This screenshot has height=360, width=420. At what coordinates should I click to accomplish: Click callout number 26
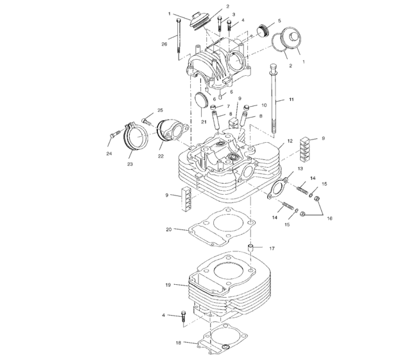coord(164,44)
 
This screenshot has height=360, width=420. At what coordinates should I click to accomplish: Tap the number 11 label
coord(291,101)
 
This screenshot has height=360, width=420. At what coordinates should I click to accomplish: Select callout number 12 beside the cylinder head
coord(290,140)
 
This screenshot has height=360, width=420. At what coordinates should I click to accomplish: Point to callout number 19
coord(168,285)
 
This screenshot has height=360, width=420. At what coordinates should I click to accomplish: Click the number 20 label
coord(168,229)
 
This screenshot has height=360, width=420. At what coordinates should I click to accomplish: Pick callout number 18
coord(178,343)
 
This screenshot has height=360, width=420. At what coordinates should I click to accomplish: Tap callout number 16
coord(330,219)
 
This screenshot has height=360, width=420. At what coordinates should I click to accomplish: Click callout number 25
coord(160,111)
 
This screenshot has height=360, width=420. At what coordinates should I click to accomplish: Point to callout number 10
coord(263,105)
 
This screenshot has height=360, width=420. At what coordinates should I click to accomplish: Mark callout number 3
coord(233,14)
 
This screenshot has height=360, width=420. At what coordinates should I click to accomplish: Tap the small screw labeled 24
coord(116,134)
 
